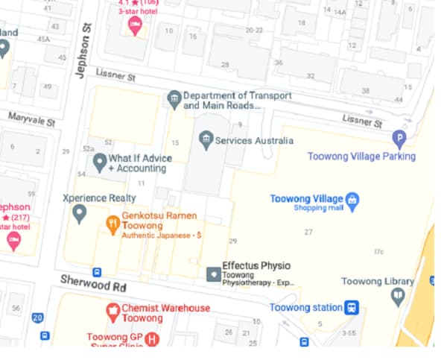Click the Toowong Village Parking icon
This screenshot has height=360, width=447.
pos(399,138)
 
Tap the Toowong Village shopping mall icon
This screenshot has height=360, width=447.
pos(353,199)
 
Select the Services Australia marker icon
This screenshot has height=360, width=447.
pos(206,139)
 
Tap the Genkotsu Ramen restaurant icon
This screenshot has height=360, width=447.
pos(112,224)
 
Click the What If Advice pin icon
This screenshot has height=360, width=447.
pos(99,162)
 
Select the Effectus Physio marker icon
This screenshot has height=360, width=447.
pos(213,274)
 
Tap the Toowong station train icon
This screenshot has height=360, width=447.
pos(352,307)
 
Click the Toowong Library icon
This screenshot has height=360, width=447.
pos(398,297)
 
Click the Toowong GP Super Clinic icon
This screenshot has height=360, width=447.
pos(153,339)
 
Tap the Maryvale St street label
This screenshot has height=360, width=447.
pos(32,119)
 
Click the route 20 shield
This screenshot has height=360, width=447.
pos(37,318)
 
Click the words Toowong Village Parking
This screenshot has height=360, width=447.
pos(361,156)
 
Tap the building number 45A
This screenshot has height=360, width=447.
pos(43,39)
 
